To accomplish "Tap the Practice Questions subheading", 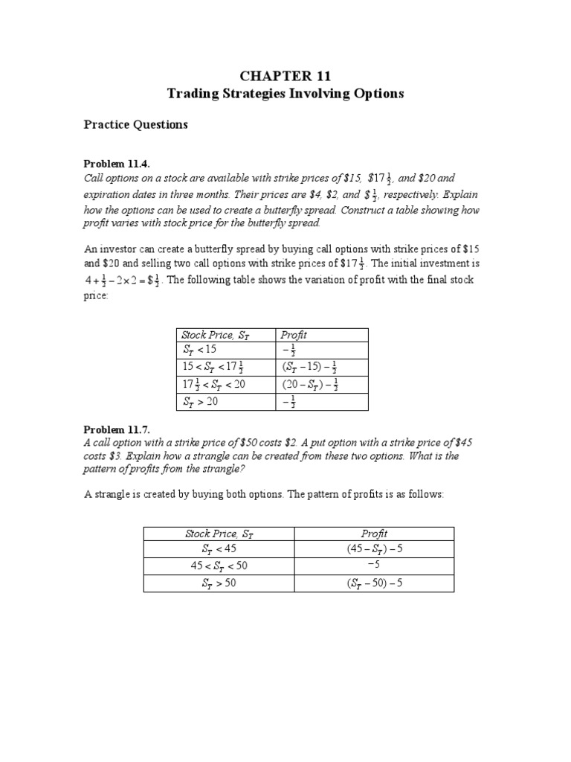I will (135, 125).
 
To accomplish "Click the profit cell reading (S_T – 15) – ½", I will (310, 367).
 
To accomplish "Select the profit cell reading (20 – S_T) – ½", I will (310, 385).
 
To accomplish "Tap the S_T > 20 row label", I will (200, 402).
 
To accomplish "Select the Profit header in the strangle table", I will (374, 534).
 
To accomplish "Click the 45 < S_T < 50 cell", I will (219, 566).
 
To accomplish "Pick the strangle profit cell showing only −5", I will (374, 566).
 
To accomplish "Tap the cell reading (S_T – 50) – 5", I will (374, 583).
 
